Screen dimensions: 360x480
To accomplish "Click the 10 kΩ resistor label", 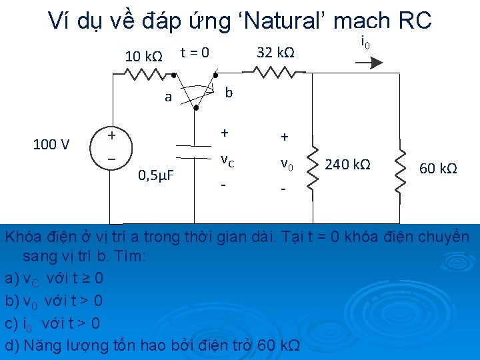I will [144, 56].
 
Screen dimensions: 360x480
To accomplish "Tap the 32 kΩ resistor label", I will [276, 52].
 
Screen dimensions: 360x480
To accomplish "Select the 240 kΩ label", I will [348, 165].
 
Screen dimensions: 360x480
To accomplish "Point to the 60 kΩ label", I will [438, 167].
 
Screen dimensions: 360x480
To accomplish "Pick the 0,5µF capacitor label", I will [155, 176].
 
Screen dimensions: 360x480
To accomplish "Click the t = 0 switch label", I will [195, 51].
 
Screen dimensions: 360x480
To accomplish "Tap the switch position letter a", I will [169, 97].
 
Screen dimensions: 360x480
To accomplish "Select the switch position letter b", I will [229, 92].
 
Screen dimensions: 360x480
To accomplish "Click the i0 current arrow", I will [369, 62].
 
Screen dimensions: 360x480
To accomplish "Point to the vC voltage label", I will [227, 161].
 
